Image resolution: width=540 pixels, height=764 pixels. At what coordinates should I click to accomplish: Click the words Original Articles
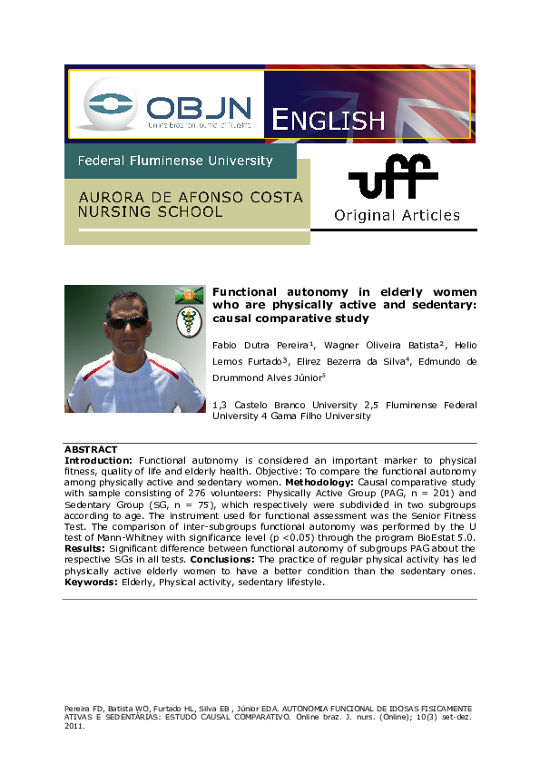[x=397, y=216]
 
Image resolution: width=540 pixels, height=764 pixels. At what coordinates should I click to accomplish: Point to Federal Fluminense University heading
[x=175, y=161]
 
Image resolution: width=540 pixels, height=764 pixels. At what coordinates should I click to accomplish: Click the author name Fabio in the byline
[x=228, y=345]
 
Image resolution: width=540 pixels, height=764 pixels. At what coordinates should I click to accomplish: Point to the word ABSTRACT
[x=91, y=449]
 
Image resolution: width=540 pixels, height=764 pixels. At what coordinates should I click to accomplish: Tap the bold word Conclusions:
[x=228, y=559]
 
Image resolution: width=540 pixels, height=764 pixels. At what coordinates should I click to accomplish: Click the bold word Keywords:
[x=90, y=583]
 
